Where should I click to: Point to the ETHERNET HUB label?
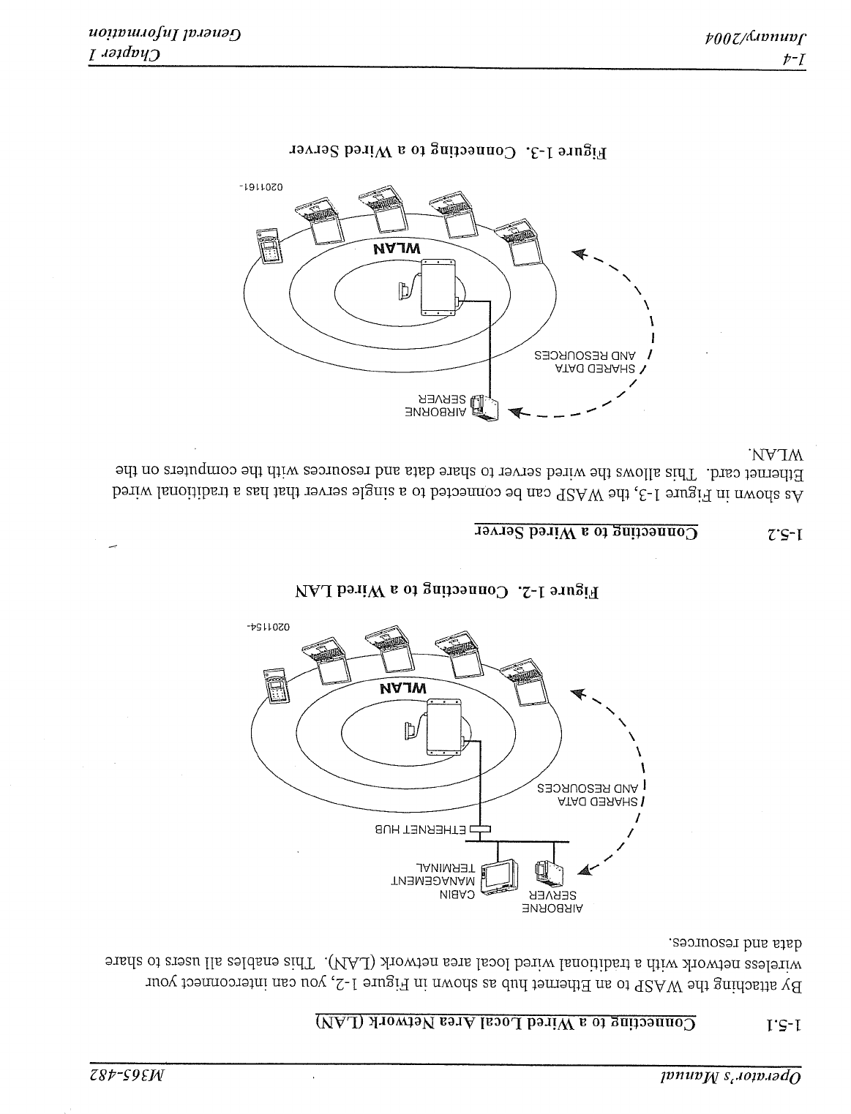pyautogui.click(x=420, y=829)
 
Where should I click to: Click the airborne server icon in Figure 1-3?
pyautogui.click(x=484, y=407)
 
